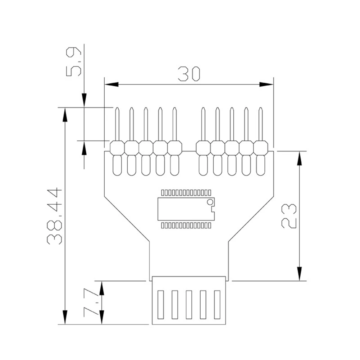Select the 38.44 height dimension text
[x=55, y=216]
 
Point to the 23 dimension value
[x=289, y=216]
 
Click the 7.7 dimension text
[x=90, y=302]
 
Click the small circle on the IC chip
[x=209, y=202]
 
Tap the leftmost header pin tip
[x=117, y=109]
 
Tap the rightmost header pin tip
[x=260, y=109]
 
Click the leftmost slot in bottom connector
[x=160, y=305]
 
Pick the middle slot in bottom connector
[x=188, y=305]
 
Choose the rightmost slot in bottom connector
[x=217, y=305]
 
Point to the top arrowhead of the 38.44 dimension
[x=65, y=114]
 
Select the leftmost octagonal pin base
[x=117, y=147]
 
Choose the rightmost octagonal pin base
[x=260, y=147]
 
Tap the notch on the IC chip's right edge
[x=213, y=209]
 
